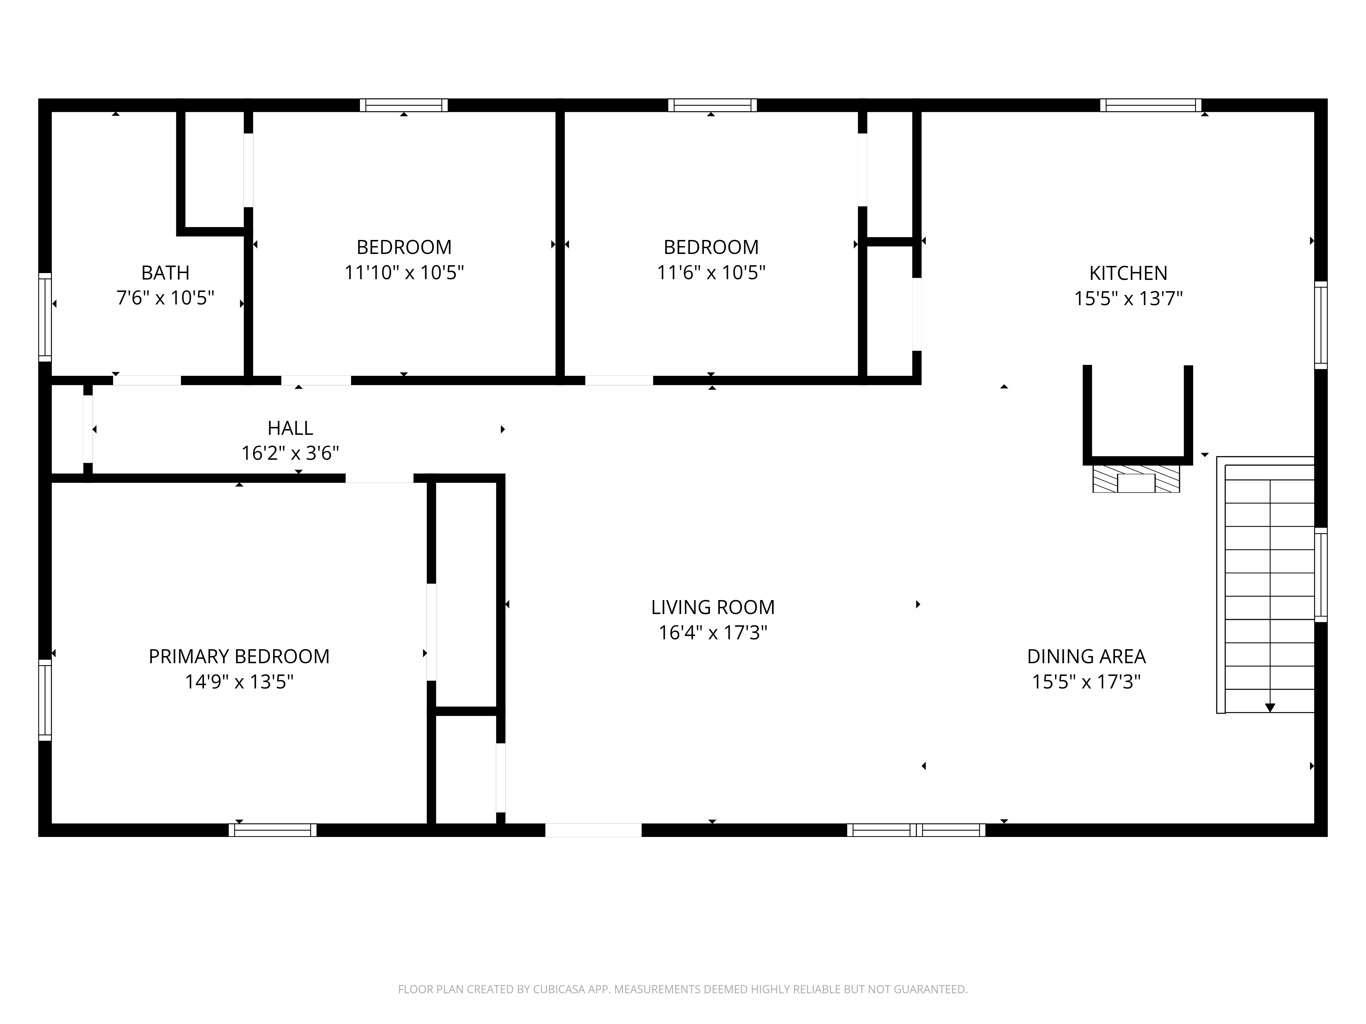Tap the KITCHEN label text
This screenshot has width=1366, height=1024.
coord(1128,273)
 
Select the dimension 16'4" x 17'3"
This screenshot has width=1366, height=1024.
coord(713,633)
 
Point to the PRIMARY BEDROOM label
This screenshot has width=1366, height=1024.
coord(239,656)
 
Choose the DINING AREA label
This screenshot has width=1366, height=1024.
coord(1086,656)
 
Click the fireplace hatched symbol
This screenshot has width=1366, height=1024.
coord(1136,479)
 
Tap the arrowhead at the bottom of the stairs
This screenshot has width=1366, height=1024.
coord(1270,708)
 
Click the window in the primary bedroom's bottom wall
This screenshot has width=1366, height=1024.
coord(272,830)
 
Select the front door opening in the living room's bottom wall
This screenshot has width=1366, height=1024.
coord(594,830)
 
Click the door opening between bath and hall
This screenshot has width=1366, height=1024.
coord(147,380)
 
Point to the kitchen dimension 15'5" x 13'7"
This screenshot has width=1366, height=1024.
coord(1128,299)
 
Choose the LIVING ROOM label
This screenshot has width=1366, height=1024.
coord(713,607)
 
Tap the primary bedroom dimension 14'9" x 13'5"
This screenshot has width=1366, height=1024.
coord(239,682)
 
